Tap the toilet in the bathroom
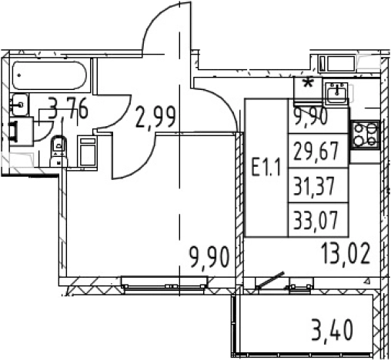pos(58,151)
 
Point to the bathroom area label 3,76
pos(68,110)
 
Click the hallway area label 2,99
pos(155,118)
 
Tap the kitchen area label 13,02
pos(345,254)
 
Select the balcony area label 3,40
pos(333,330)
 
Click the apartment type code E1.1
pos(266,167)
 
